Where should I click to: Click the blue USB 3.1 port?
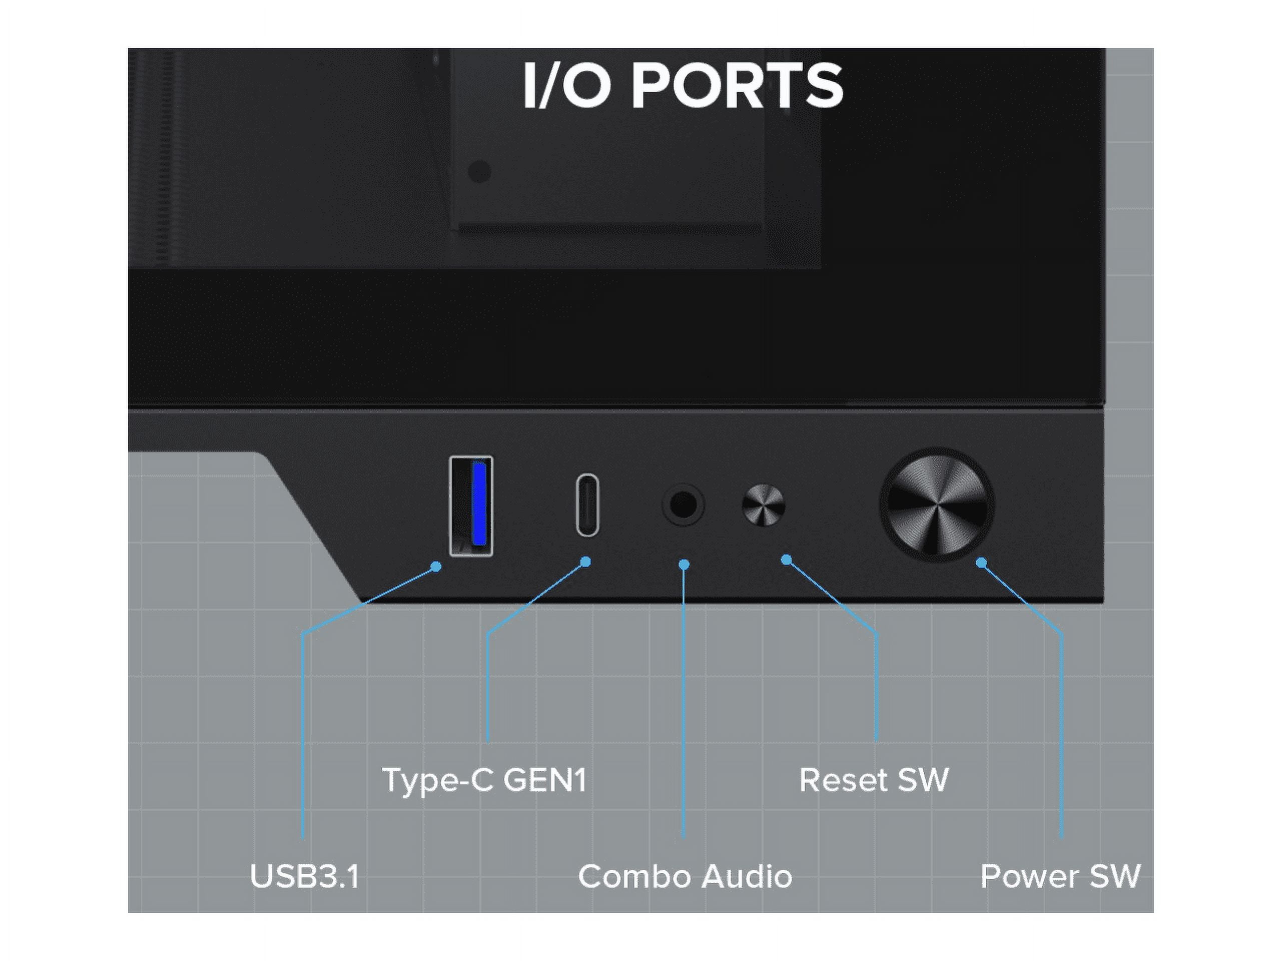471,506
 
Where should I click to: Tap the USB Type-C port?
587,505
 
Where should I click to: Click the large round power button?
936,505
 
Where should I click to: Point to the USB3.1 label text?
305,876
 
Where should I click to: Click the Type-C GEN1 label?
484,780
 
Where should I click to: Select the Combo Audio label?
685,876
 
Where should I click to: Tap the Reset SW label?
873,780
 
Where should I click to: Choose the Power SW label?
1060,876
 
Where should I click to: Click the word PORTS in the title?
737,86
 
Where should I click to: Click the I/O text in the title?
566,86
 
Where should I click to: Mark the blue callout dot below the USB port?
437,567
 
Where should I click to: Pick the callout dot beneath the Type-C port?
585,561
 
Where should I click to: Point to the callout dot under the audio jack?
684,564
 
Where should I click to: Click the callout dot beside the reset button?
786,560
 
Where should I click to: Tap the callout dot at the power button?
981,563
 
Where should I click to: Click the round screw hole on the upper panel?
479,172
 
